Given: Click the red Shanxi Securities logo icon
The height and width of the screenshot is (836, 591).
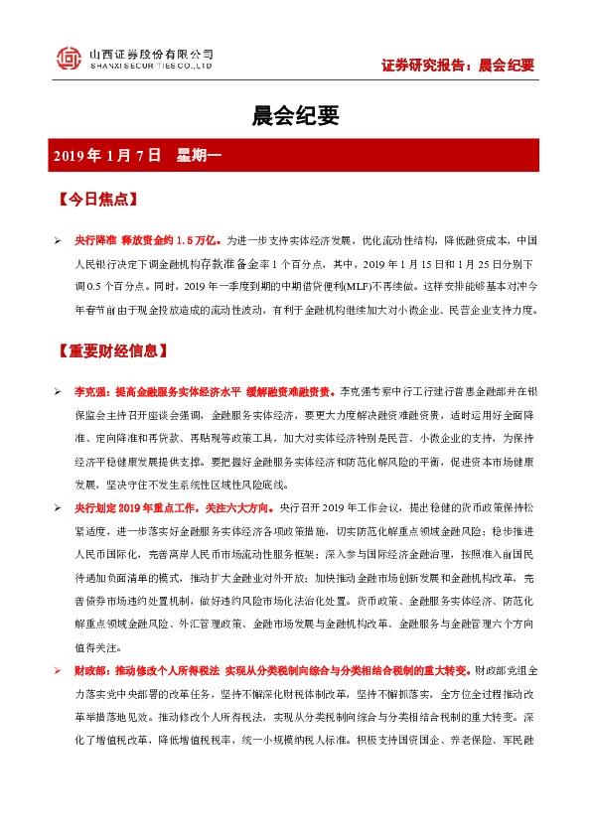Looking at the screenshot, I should click(x=68, y=59).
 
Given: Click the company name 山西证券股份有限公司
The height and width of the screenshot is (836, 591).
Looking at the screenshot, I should click(x=151, y=52).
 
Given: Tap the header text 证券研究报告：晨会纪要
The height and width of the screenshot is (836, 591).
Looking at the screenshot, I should click(x=458, y=67).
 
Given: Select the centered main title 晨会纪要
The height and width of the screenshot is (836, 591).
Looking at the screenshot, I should click(x=296, y=116).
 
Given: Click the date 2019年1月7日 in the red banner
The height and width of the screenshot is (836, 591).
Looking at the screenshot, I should click(x=106, y=155).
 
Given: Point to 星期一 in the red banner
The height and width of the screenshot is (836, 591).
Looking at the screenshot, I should click(x=204, y=155).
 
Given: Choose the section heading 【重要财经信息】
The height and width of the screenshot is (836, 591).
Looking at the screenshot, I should click(x=112, y=351).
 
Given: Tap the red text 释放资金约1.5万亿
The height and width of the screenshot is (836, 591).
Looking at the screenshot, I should click(x=175, y=241).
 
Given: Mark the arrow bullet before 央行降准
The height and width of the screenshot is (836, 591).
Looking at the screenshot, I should click(x=59, y=241).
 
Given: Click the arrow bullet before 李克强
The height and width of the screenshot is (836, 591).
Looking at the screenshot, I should click(x=59, y=392).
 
